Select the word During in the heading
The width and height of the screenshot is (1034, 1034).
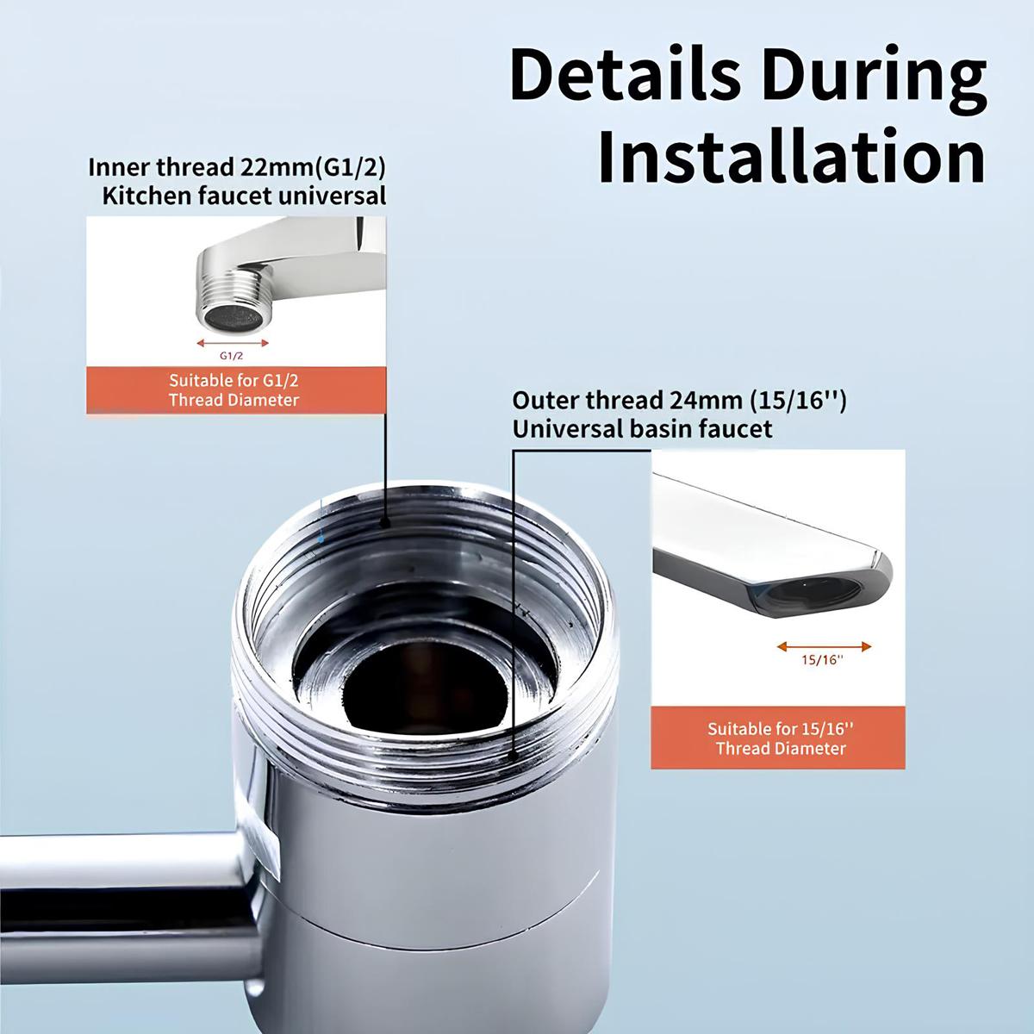click(869, 76)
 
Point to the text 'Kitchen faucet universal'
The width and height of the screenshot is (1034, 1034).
click(244, 196)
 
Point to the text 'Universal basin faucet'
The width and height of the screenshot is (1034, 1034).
click(642, 428)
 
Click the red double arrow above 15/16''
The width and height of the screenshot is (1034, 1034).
click(824, 646)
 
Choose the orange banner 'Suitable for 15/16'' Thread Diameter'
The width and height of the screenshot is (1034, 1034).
click(780, 738)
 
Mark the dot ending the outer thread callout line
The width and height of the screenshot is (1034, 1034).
click(514, 754)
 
